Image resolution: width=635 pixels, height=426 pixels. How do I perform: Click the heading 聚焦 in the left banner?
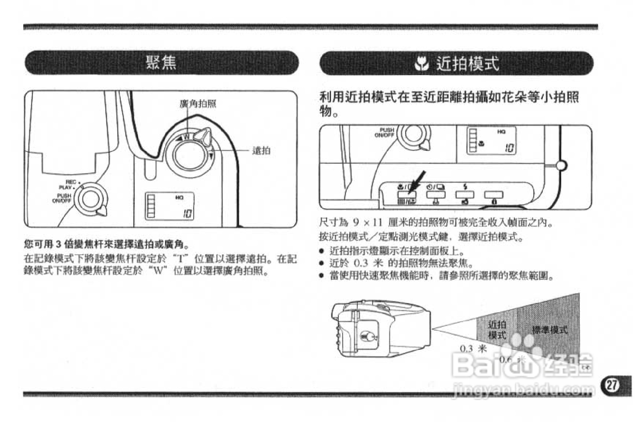coord(161,63)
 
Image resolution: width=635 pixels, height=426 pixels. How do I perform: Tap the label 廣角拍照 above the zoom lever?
coord(198,104)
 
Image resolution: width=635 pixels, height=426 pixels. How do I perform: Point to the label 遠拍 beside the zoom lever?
coord(261,151)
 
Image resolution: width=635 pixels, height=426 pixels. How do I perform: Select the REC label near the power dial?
coord(71,182)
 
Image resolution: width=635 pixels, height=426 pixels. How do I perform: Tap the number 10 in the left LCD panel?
coord(187,214)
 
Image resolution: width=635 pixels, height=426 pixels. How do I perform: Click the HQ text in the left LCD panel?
coord(179,197)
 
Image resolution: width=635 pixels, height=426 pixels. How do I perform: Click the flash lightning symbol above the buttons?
coord(465,187)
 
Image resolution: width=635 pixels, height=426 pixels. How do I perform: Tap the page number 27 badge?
coord(611,384)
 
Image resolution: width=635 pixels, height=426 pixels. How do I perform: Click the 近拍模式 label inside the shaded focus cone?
coord(497,330)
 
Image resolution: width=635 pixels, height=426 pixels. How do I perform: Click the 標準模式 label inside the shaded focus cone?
coord(549,330)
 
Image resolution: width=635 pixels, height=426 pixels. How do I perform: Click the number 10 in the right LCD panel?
coord(509,148)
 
